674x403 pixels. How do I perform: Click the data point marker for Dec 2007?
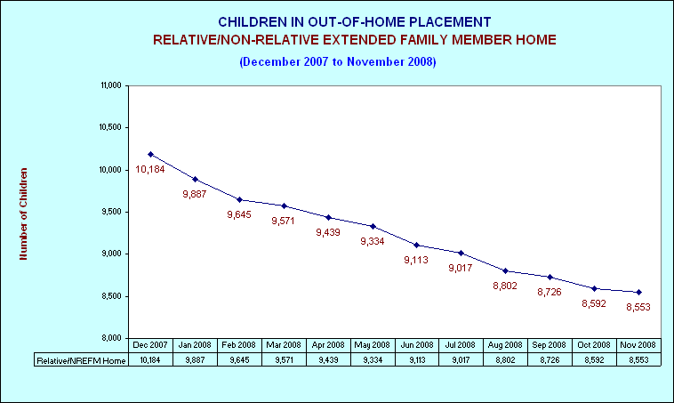tap(150, 154)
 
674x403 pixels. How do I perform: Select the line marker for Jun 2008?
tap(416, 245)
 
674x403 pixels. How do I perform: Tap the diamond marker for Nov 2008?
tap(638, 292)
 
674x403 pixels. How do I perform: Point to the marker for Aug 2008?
tap(505, 271)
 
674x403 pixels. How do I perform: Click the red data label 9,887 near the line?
tap(195, 194)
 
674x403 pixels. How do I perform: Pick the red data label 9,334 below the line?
tap(373, 241)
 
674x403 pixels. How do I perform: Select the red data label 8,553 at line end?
tap(638, 307)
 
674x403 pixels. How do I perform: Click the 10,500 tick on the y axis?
tap(110, 127)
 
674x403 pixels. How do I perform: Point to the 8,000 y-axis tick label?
tap(112, 338)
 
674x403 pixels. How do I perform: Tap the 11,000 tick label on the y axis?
tap(111, 85)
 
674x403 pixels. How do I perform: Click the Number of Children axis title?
tap(23, 214)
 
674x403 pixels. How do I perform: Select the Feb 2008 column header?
tap(238, 345)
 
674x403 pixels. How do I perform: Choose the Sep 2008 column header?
tap(550, 345)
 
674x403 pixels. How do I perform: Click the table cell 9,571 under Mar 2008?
tap(285, 360)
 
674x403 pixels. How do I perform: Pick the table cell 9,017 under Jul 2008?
tap(461, 360)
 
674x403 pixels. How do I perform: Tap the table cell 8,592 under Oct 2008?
tap(594, 360)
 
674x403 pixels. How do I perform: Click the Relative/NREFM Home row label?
tap(81, 360)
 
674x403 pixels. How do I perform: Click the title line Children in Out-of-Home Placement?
tap(355, 22)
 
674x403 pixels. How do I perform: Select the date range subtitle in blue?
tap(338, 61)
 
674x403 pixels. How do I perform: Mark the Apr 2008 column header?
tap(328, 345)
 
